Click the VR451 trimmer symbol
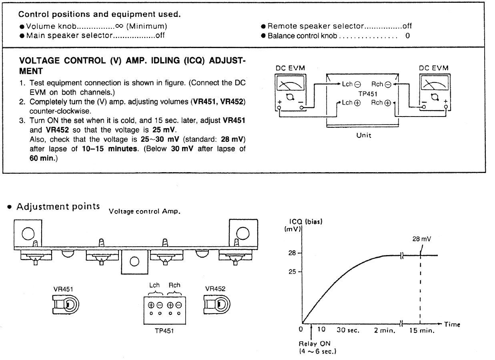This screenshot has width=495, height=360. coord(66,305)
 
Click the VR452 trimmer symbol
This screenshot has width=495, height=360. coord(217,304)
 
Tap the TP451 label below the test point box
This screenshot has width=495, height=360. coord(164,331)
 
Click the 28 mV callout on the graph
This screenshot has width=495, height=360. coord(422,239)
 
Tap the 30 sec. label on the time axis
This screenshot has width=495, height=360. coord(348,330)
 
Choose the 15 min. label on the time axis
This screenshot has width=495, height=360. coord(422,331)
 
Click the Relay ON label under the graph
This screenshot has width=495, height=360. coord(315,344)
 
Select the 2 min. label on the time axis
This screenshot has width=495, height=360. coord(385,331)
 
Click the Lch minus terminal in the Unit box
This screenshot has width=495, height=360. coord(358,84)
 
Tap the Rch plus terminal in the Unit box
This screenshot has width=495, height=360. coord(388,103)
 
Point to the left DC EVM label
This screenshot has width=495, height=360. coord(290,68)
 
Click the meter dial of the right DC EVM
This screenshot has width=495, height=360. coord(435,83)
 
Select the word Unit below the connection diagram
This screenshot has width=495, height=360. coord(364,135)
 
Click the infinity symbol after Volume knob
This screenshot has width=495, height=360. coord(119,26)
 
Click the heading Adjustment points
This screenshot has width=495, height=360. coord(58,207)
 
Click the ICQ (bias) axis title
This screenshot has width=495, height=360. coord(306,221)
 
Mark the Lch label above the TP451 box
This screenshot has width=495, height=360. coord(154,285)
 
